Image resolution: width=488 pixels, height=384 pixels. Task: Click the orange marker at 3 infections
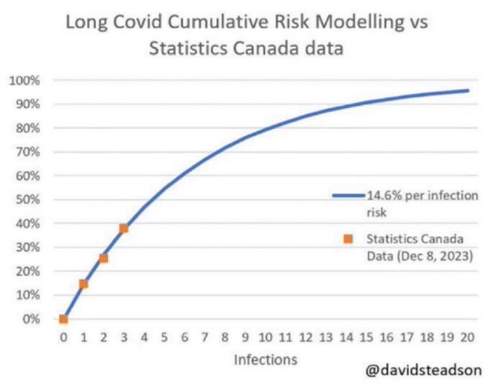tap(123, 228)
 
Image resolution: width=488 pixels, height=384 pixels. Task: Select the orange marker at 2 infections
tap(103, 258)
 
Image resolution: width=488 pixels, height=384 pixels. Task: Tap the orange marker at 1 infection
tap(83, 284)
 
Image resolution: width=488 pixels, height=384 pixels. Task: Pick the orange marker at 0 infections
tap(63, 319)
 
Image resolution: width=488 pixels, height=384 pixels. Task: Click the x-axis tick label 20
tap(468, 337)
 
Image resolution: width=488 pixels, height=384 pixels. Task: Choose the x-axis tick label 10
tap(266, 337)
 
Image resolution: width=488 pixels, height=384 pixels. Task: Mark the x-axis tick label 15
tap(367, 337)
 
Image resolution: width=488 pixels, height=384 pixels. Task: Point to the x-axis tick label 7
tap(205, 337)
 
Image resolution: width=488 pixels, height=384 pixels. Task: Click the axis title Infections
tap(265, 360)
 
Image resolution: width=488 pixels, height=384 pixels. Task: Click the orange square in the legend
tap(348, 239)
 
